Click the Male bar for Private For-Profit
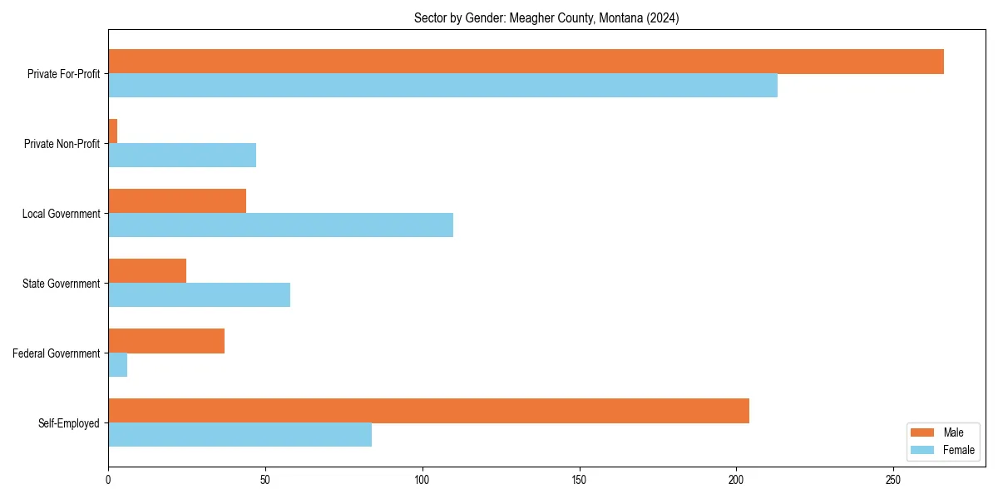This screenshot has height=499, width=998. pos(526,62)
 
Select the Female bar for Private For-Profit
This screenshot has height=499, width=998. pos(442,86)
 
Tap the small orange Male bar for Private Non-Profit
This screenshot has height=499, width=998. pos(113,131)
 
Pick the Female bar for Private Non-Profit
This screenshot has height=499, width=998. pos(182,156)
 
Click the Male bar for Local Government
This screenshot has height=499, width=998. pos(177,201)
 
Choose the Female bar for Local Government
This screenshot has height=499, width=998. pos(280,225)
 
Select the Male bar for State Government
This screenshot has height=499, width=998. pos(147,271)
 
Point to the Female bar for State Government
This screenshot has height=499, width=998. pos(199,295)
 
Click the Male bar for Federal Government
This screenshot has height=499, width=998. pos(166,341)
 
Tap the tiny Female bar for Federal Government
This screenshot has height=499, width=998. pos(117,365)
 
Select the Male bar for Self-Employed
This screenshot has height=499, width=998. pos(428,411)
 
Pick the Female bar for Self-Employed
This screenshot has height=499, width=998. pos(240,435)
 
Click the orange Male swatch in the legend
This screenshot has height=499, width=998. pos(923,432)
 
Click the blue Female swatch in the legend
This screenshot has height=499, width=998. pos(923,450)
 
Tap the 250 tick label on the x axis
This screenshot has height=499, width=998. pos(893,480)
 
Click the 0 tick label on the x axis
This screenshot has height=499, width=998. pos(108,480)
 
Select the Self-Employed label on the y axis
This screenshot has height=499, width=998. pos(69,423)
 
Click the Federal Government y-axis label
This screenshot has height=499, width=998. pos(57,353)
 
